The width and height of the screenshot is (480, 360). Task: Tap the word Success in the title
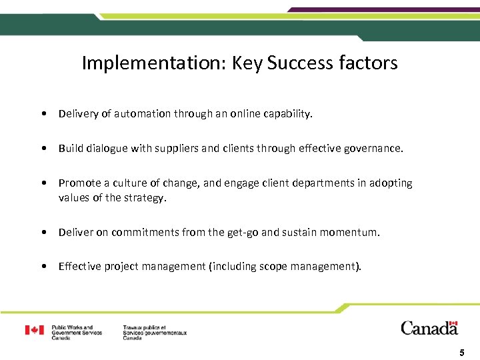(300, 63)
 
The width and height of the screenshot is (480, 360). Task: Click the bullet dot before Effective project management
(43, 267)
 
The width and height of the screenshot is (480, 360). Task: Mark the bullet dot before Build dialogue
(43, 149)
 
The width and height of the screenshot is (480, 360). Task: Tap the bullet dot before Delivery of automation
(43, 114)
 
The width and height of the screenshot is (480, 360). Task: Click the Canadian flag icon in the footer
(34, 330)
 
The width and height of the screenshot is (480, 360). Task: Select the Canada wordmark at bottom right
(429, 327)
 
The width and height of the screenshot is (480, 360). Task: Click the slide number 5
(461, 351)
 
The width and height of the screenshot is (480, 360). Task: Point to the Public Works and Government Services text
(77, 333)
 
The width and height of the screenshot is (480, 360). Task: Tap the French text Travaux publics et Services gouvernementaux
(155, 333)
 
